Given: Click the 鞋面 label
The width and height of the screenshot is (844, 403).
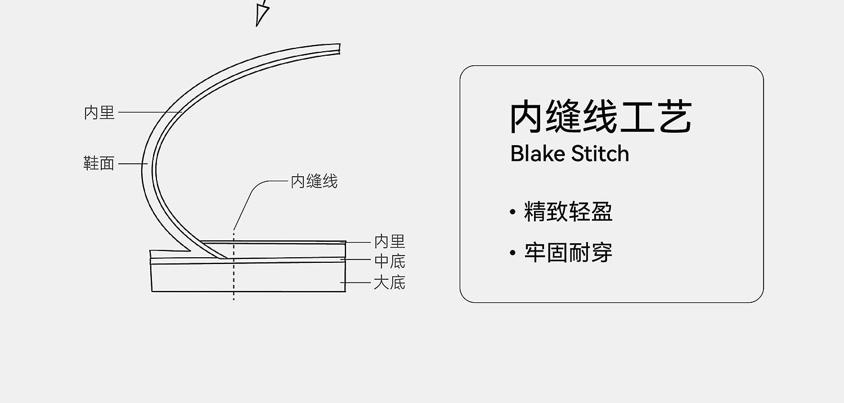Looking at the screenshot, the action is pyautogui.click(x=98, y=164).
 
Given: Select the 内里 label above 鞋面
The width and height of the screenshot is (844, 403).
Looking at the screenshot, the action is pyautogui.click(x=99, y=113).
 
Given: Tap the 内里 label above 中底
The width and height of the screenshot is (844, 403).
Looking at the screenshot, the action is pyautogui.click(x=389, y=241).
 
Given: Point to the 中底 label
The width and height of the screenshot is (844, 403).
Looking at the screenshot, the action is pyautogui.click(x=389, y=262).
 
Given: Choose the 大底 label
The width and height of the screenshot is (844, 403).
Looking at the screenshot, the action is pyautogui.click(x=389, y=283).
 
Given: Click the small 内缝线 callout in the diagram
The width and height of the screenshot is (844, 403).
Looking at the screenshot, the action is pyautogui.click(x=314, y=181).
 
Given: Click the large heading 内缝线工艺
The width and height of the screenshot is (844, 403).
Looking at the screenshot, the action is pyautogui.click(x=601, y=117).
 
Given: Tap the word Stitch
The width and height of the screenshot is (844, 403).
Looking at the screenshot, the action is pyautogui.click(x=600, y=154).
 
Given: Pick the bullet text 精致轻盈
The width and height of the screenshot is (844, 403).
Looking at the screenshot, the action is pyautogui.click(x=568, y=212).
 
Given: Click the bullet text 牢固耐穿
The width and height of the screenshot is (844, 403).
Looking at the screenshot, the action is pyautogui.click(x=568, y=253).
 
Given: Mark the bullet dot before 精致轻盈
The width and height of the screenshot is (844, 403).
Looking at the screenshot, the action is pyautogui.click(x=513, y=212).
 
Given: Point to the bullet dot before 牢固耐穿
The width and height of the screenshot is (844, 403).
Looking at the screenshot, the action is pyautogui.click(x=513, y=253).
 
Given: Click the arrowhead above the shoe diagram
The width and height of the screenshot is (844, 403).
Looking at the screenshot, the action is pyautogui.click(x=262, y=14).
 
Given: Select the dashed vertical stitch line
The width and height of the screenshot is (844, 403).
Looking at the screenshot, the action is pyautogui.click(x=234, y=266).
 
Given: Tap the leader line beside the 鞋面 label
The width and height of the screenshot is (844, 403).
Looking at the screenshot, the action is pyautogui.click(x=133, y=164).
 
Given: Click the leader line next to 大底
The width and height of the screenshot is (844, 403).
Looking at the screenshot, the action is pyautogui.click(x=356, y=283).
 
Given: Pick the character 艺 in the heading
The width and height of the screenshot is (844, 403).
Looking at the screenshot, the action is pyautogui.click(x=675, y=117).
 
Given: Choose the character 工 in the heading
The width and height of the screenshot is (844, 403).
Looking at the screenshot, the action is pyautogui.click(x=637, y=118).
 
